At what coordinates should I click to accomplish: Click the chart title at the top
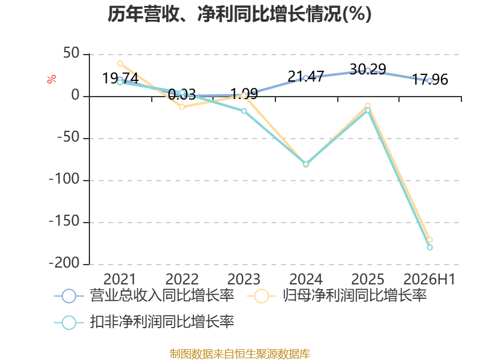(239, 14)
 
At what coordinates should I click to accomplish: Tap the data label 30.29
(368, 69)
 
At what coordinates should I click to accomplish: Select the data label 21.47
(306, 77)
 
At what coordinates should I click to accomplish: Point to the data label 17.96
(430, 80)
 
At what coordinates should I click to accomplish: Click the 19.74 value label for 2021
(121, 79)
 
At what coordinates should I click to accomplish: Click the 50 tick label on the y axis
(71, 53)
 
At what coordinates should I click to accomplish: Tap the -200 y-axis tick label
(64, 263)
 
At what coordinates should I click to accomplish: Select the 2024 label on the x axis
(306, 279)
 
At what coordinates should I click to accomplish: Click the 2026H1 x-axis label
(430, 279)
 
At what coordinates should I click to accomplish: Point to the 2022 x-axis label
(182, 279)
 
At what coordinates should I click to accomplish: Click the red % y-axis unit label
(52, 79)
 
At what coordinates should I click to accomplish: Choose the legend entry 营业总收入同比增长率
(144, 296)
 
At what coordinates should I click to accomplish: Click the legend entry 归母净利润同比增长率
(337, 296)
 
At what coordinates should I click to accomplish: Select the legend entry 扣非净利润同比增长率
(144, 322)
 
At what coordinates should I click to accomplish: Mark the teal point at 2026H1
(430, 247)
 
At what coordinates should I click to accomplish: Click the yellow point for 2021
(121, 64)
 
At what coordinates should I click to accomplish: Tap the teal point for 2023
(244, 111)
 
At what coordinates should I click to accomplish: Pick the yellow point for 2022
(182, 107)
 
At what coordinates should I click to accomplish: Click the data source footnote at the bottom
(240, 354)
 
